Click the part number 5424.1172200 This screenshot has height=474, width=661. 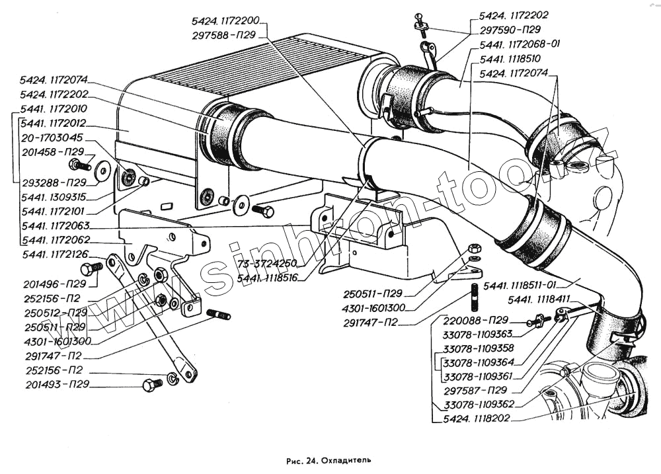225,21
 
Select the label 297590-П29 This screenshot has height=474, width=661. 510,30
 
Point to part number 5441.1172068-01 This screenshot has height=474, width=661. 520,44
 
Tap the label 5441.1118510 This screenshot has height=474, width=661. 510,59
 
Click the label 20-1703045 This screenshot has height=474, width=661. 52,138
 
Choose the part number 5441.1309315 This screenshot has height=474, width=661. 54,197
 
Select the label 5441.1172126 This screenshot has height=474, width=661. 56,255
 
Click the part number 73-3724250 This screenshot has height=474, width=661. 267,264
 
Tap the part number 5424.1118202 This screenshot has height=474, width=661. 477,418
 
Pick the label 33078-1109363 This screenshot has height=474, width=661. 478,334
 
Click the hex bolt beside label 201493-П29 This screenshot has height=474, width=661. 152,385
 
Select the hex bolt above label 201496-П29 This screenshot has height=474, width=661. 91,268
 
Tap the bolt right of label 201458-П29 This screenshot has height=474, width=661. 80,164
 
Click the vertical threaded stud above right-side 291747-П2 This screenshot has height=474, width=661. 474,297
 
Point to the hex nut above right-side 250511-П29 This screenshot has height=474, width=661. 473,247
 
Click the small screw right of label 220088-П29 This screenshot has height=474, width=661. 538,321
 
